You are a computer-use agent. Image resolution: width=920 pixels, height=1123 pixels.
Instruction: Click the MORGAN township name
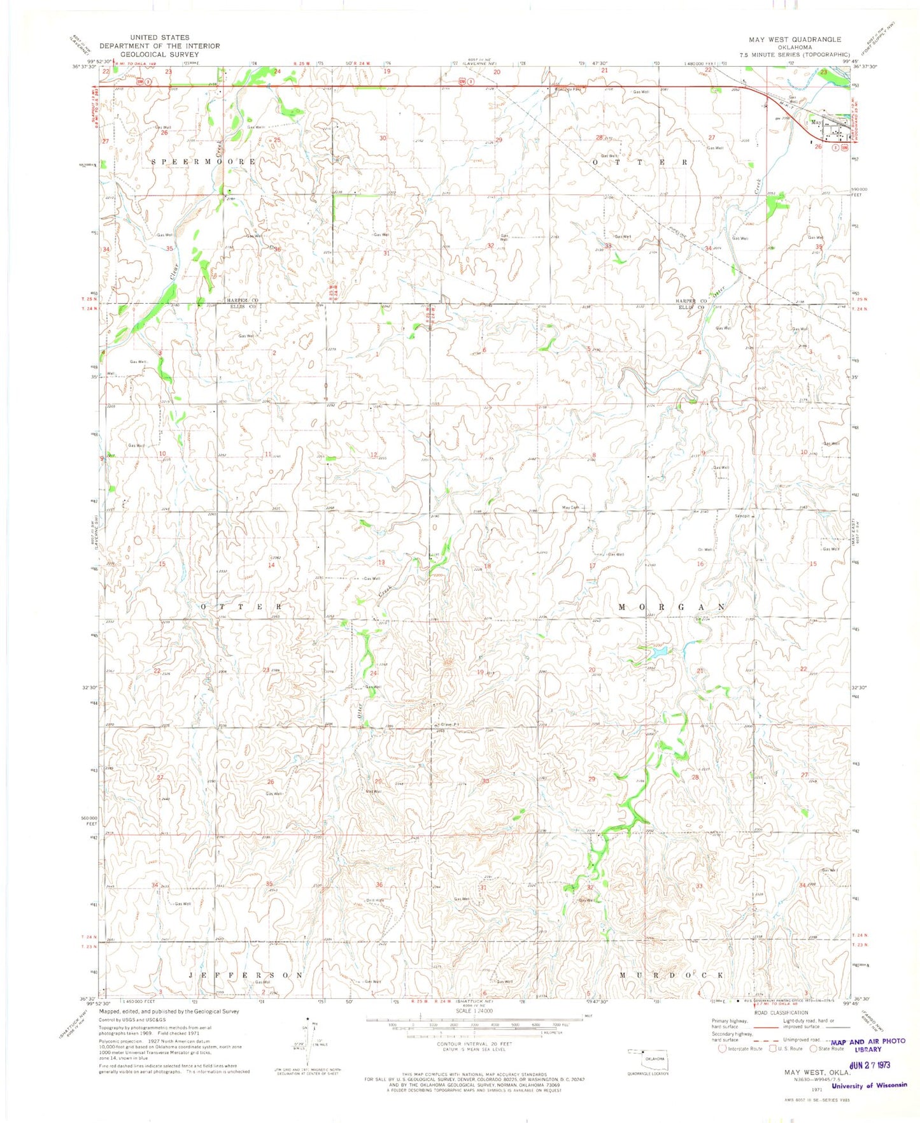[672, 607]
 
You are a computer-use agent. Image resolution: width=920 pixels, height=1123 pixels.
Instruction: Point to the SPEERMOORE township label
[204, 162]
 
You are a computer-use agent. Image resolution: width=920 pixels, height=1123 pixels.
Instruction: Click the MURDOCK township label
[672, 975]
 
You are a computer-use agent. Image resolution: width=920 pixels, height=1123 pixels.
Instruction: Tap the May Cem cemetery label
[570, 508]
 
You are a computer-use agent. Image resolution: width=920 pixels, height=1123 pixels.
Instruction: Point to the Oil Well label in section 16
[705, 549]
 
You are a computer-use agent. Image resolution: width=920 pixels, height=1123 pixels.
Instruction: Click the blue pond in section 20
[658, 652]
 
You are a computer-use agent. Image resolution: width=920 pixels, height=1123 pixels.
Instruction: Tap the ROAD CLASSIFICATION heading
[781, 1012]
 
